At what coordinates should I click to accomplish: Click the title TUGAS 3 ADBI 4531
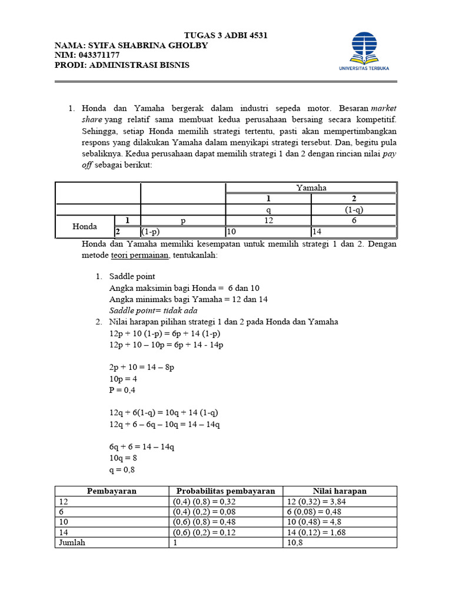(226, 35)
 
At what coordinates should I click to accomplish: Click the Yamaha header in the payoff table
(311, 188)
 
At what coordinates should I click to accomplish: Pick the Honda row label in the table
(85, 226)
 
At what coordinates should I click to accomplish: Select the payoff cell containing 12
(268, 220)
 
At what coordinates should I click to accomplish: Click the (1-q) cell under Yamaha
(353, 209)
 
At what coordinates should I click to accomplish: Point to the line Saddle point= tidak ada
(153, 310)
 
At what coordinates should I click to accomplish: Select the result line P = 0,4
(123, 390)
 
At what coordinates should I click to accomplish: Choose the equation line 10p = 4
(123, 379)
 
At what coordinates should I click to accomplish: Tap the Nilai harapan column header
(340, 491)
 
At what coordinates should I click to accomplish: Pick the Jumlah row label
(71, 542)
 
